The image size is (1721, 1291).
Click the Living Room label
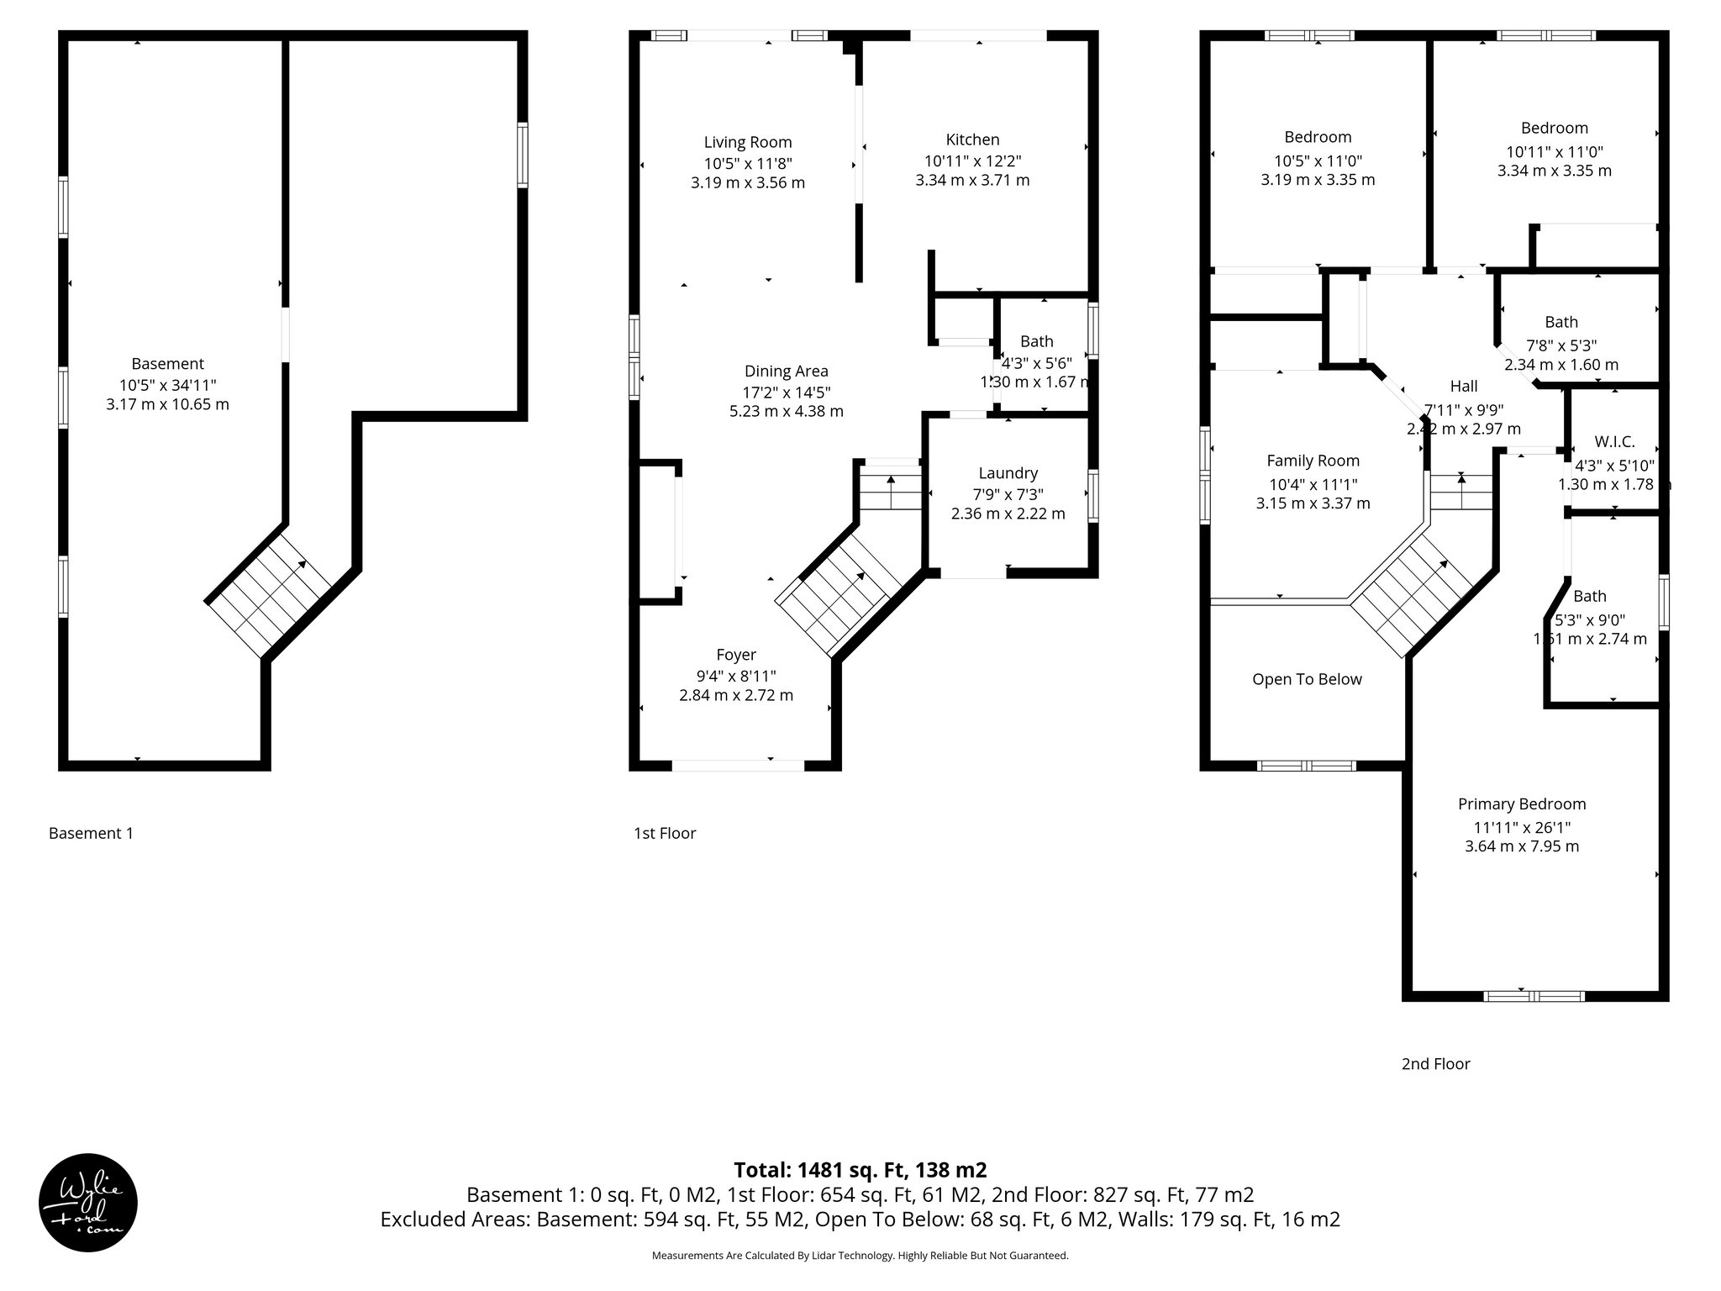click(748, 142)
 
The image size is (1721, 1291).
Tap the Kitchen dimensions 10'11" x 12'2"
click(972, 161)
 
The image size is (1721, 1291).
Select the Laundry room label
click(1008, 473)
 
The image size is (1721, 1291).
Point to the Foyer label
click(736, 655)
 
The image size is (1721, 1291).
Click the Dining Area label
click(786, 371)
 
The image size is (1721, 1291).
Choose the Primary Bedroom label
click(1522, 804)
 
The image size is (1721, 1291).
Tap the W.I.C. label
click(1614, 442)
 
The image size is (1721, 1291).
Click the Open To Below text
click(1307, 679)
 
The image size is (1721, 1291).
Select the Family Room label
click(1313, 461)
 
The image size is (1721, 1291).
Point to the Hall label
click(1463, 386)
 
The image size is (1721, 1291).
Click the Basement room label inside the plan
click(167, 364)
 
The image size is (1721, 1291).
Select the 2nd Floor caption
click(1435, 1063)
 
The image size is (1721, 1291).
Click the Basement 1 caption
click(91, 833)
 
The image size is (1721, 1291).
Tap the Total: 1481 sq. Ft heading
click(860, 1170)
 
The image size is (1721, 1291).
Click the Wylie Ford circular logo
click(87, 1202)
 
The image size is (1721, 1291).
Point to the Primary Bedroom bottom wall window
click(1534, 996)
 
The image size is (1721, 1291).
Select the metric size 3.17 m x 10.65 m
click(167, 404)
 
